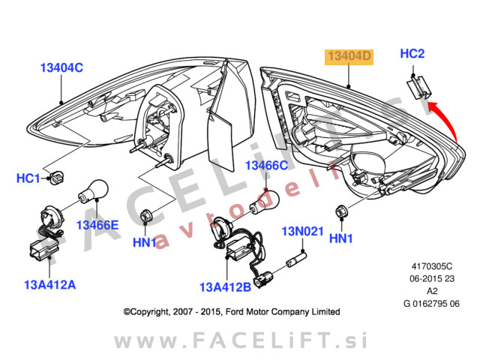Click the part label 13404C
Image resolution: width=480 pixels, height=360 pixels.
point(61,67)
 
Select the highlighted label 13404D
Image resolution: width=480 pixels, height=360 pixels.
point(348,57)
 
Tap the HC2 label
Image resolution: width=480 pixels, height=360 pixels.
point(412,54)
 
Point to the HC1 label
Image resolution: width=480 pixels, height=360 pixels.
point(28,178)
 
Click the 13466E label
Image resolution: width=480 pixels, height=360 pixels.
point(98,224)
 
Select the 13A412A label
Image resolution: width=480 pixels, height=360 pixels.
point(50,284)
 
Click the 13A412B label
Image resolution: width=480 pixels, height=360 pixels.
point(224,286)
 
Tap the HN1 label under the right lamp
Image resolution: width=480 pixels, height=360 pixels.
point(340,239)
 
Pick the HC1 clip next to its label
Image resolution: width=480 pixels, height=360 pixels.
point(56,178)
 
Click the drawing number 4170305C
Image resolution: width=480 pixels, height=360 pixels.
point(432,265)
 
